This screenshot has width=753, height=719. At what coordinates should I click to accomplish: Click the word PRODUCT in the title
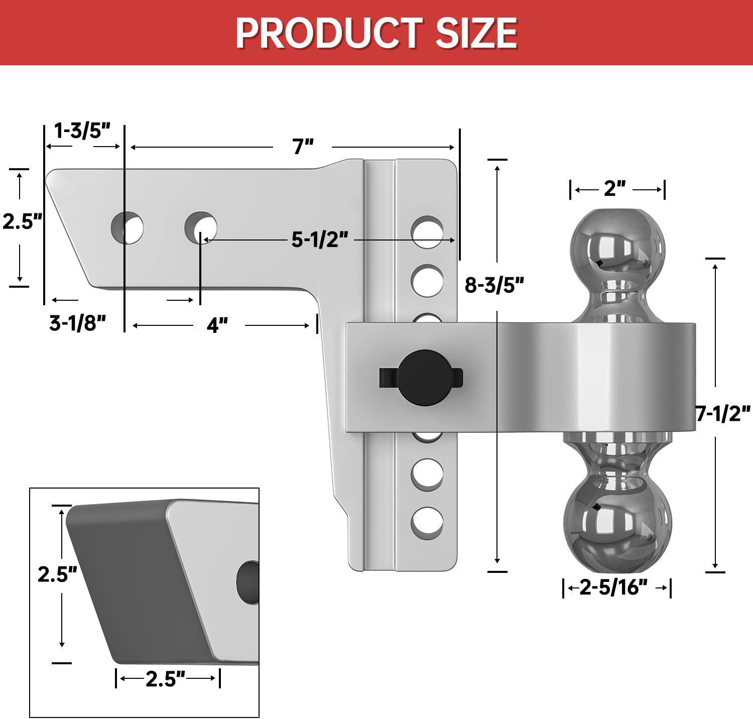click(329, 33)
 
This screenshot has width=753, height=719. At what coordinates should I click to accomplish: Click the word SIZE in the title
click(476, 33)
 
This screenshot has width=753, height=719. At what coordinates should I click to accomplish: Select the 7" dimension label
click(303, 147)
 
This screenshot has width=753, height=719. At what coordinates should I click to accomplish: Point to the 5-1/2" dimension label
click(320, 239)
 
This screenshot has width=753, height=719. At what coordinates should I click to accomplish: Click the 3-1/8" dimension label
click(78, 323)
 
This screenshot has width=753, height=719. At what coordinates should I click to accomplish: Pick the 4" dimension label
click(217, 325)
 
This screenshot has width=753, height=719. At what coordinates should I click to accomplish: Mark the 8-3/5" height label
click(494, 285)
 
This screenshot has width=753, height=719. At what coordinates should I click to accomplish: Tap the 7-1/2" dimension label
click(723, 414)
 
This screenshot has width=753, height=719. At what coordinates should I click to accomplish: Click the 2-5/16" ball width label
click(613, 587)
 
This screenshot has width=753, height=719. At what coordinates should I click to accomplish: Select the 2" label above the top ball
click(614, 189)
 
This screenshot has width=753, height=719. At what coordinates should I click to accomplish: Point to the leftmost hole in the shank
click(127, 228)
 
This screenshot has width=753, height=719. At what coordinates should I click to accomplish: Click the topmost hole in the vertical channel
click(427, 232)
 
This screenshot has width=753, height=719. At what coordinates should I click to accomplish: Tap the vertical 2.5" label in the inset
click(57, 574)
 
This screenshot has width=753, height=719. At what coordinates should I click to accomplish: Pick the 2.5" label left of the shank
click(22, 221)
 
